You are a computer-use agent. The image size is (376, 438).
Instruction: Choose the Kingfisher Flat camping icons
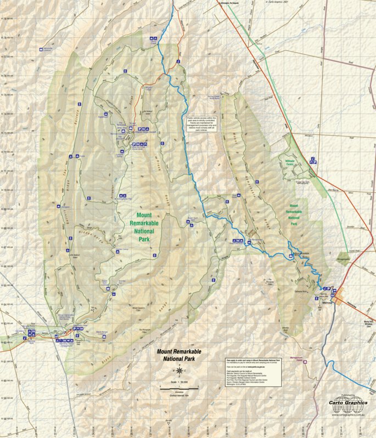pos(124,196)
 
